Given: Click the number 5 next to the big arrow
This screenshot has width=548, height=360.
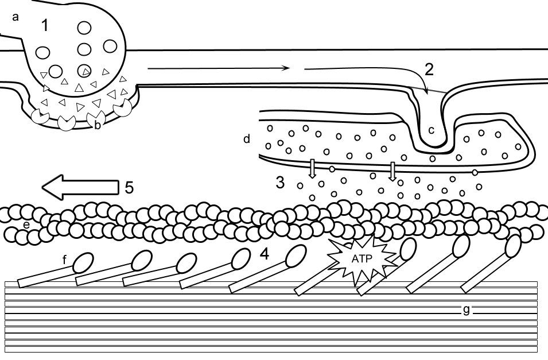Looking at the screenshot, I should (x=129, y=187).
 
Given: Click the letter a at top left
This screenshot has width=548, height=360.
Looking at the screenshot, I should (x=15, y=17).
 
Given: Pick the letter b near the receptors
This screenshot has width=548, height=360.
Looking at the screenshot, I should (x=98, y=125).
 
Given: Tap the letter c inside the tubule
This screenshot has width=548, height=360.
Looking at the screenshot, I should (x=432, y=130).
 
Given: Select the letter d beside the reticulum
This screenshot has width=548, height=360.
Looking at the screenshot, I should (x=247, y=139).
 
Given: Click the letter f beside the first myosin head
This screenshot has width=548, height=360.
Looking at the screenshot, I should (x=65, y=260).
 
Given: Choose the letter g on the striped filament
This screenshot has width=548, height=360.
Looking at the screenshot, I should (x=467, y=311).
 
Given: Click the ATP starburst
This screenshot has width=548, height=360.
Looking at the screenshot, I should (x=363, y=259).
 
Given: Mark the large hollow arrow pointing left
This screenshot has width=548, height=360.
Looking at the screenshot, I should (x=80, y=188).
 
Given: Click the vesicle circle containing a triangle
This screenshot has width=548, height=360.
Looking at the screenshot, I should (x=84, y=71).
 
